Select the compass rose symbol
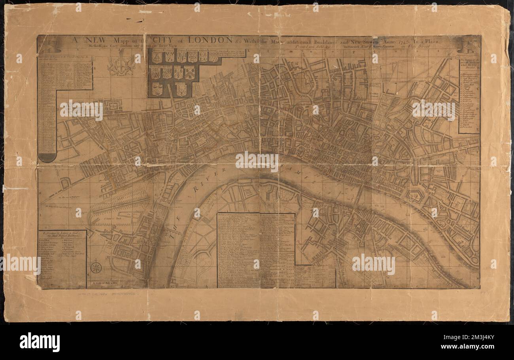pos(96,268)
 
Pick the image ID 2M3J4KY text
pos(477,338)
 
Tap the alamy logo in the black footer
pos(40,342)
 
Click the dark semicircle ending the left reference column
pos(47,158)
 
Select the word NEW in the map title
pos(82,40)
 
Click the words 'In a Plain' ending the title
pos(433,40)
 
